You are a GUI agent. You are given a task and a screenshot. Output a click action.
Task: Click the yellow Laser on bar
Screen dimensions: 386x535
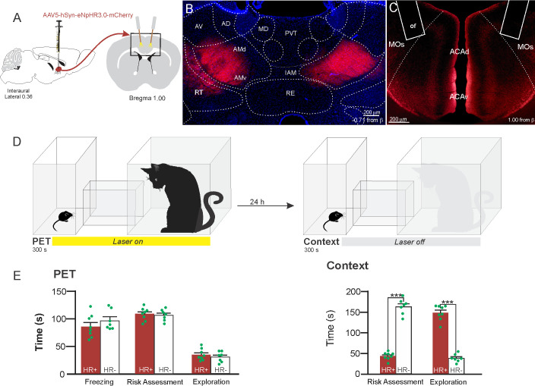click(x=131, y=240)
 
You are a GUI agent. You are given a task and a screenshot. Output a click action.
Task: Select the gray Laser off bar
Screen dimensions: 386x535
click(x=410, y=240)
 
